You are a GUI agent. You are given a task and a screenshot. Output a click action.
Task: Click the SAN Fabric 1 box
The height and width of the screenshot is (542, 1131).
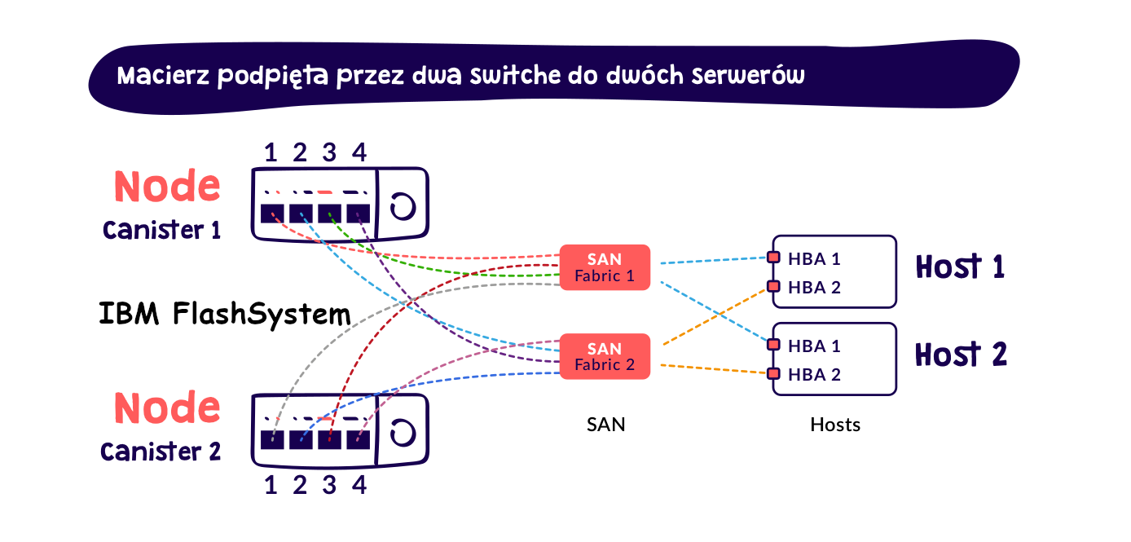pyautogui.click(x=605, y=267)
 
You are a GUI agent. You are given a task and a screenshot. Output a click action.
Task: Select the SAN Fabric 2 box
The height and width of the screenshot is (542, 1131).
pyautogui.click(x=605, y=356)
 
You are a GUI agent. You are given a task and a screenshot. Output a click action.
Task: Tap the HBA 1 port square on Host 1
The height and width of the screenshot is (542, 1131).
pyautogui.click(x=773, y=258)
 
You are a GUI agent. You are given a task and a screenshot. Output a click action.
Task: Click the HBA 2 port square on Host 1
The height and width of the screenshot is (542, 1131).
pyautogui.click(x=773, y=287)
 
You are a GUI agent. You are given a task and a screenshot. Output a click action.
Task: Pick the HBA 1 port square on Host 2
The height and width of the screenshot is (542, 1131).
pyautogui.click(x=773, y=345)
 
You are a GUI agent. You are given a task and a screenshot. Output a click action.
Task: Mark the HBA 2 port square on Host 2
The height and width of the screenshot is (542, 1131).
pyautogui.click(x=773, y=374)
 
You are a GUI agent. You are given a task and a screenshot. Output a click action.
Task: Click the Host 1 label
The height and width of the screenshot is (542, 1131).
pyautogui.click(x=960, y=267)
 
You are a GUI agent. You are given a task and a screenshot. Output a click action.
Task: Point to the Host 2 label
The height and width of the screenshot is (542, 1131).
pyautogui.click(x=961, y=355)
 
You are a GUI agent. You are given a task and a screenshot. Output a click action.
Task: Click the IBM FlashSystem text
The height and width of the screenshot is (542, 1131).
pyautogui.click(x=224, y=314)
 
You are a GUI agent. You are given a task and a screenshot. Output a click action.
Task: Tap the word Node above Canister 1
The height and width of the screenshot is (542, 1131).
pyautogui.click(x=167, y=187)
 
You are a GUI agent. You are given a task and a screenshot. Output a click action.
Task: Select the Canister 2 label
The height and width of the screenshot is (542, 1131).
pyautogui.click(x=161, y=451)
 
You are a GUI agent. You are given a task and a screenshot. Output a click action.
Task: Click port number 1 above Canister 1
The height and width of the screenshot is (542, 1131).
pyautogui.click(x=271, y=152)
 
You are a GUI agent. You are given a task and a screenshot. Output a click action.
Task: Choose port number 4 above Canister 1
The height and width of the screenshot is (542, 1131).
pyautogui.click(x=359, y=152)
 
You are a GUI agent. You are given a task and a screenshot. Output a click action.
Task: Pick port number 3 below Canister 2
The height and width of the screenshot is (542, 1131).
pyautogui.click(x=329, y=485)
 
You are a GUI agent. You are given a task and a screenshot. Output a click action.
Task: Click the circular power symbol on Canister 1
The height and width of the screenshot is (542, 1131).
pyautogui.click(x=401, y=206)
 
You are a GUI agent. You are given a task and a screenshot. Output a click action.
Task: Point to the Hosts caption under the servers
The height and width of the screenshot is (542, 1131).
pyautogui.click(x=835, y=425)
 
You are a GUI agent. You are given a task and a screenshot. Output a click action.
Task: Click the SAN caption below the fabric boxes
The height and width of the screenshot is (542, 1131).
pyautogui.click(x=606, y=425)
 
